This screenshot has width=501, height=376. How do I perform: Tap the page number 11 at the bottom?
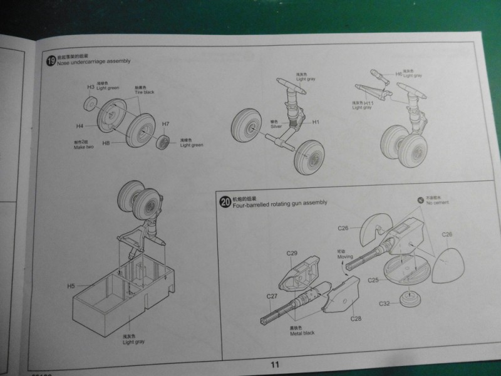coord(274,365)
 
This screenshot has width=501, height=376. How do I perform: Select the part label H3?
coord(90,86)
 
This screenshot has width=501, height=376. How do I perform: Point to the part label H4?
coord(80,126)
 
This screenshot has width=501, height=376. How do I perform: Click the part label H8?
coord(106,143)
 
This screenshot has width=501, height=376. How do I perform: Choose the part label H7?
coord(166,124)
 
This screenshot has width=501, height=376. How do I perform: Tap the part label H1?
coord(316,122)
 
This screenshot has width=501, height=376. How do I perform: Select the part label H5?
coord(71,286)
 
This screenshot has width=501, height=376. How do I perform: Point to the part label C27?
coord(271,296)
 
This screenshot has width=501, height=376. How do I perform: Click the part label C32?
coord(385,303)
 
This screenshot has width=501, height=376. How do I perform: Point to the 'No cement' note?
coord(436,203)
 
